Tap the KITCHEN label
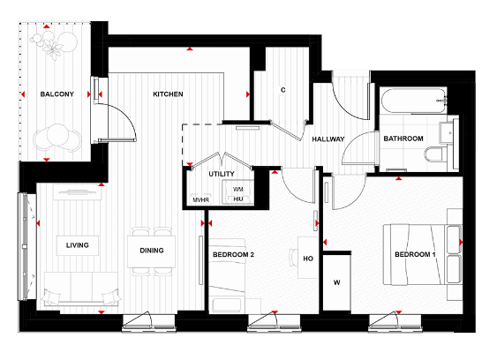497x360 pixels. point(168,94)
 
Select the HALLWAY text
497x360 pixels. point(328,140)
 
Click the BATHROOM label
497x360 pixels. point(403,139)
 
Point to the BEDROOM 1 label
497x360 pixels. point(415,255)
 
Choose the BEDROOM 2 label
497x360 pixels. point(233,255)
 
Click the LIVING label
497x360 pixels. point(76,244)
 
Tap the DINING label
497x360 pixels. point(152,250)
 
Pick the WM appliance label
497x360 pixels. point(237,190)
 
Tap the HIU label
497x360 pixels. point(237,200)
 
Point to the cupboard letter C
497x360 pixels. point(282,90)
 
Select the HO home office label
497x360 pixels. point(307,259)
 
